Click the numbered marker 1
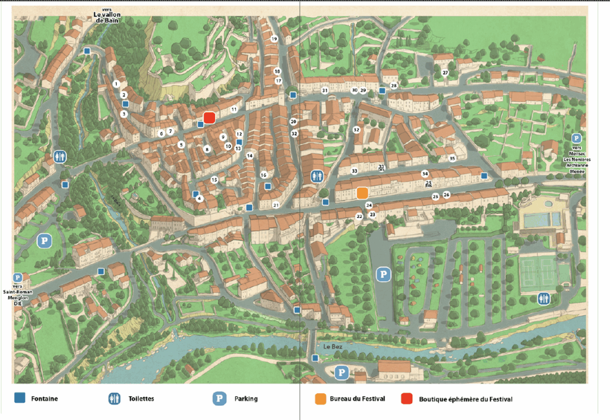tap(116, 84)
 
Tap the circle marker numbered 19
tap(274, 39)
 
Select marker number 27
tap(445, 73)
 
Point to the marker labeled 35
tap(452, 158)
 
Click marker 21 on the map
tap(276, 205)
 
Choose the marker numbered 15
tap(214, 179)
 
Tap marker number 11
tap(234, 110)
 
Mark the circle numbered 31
tap(325, 91)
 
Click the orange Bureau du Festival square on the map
tap(362, 193)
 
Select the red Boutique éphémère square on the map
tap(209, 117)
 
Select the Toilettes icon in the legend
tap(114, 399)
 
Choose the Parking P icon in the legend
tap(220, 399)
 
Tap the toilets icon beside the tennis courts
tap(543, 298)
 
